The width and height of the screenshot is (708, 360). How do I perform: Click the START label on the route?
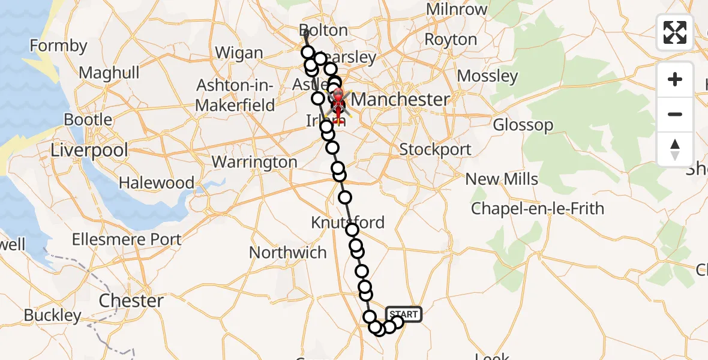tap(403, 314)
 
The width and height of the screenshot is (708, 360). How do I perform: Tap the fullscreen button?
tap(675, 32)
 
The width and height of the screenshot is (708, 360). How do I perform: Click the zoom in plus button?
tap(675, 79)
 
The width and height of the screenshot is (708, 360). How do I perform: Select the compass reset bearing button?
tap(675, 149)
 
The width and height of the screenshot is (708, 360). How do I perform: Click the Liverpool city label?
tap(89, 150)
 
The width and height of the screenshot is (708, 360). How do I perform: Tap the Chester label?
tap(131, 301)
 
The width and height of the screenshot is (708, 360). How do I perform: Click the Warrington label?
tap(254, 162)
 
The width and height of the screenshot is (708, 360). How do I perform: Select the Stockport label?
tap(435, 149)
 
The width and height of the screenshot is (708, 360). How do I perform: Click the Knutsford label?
tap(347, 223)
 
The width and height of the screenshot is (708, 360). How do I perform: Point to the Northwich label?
tap(288, 253)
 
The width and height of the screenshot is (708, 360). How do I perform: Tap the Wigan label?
tap(239, 53)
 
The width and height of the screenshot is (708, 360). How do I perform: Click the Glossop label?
tap(523, 125)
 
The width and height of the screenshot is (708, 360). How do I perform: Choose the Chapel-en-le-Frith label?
tap(537, 209)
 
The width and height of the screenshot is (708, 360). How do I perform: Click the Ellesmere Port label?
tap(127, 239)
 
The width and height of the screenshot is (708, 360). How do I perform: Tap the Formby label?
tap(58, 46)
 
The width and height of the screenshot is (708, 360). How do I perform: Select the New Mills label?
tap(502, 179)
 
